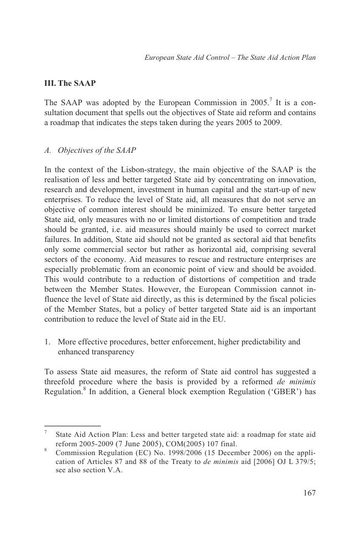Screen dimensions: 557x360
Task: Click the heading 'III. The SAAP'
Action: [x=70, y=84]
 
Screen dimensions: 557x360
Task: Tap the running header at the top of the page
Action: [x=230, y=57]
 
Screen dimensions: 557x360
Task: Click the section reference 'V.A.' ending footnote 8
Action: [x=112, y=471]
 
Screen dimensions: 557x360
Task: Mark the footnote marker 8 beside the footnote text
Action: [x=46, y=451]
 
